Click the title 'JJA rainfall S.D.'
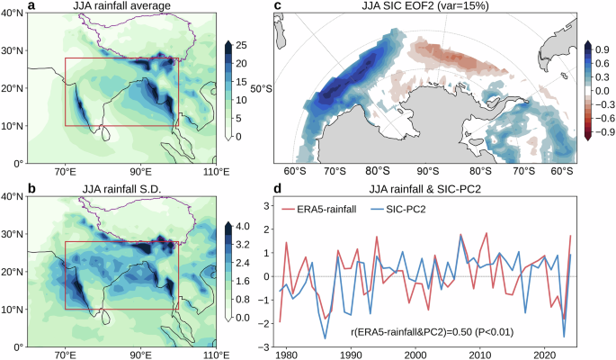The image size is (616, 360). pos(101,189)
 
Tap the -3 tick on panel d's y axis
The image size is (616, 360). pos(266,346)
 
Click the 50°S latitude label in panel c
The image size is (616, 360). pos(262,89)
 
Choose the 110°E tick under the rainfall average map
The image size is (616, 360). pos(212,171)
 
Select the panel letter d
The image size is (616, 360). pos(278,189)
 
